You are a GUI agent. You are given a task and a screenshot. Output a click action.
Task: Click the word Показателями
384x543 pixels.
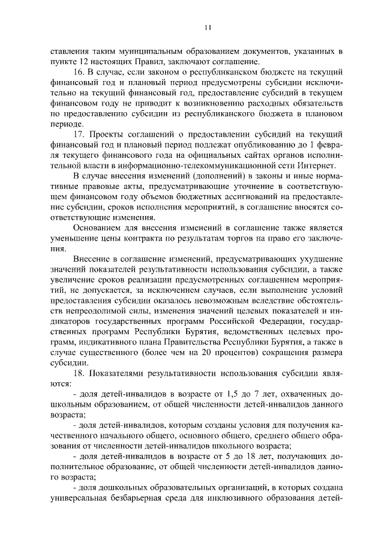(118, 374)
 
